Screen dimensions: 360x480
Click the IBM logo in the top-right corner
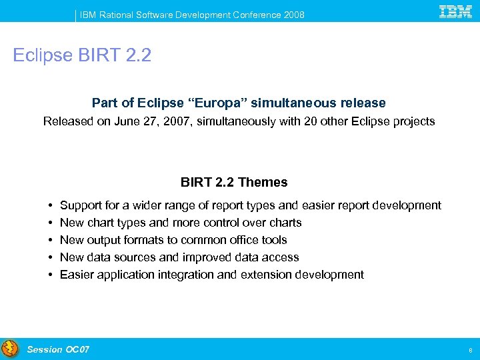pyautogui.click(x=455, y=11)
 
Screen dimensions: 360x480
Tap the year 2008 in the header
pyautogui.click(x=293, y=15)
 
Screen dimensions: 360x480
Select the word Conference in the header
pyautogui.click(x=256, y=15)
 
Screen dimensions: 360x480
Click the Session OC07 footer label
pyautogui.click(x=58, y=349)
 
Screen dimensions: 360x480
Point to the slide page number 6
pyautogui.click(x=470, y=350)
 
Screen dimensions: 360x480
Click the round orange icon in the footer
pyautogui.click(x=10, y=349)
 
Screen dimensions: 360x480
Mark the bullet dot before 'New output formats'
pyautogui.click(x=51, y=240)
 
